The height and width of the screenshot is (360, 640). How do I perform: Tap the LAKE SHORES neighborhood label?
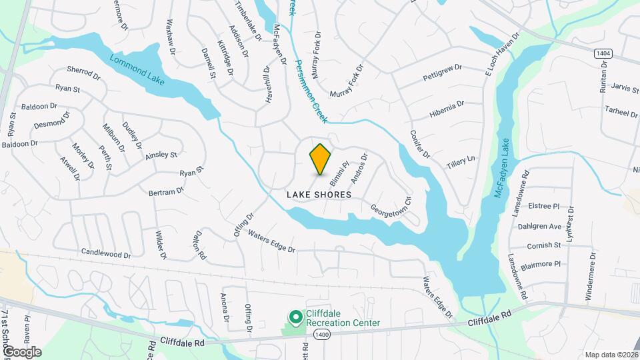tap(319, 195)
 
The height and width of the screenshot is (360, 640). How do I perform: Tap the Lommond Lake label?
tap(138, 69)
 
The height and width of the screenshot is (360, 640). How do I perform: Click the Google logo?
tap(22, 351)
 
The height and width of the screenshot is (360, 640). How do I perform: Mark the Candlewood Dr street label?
tap(106, 253)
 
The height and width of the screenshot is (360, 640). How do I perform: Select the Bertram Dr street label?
tap(166, 192)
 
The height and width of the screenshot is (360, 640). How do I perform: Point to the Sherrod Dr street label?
tap(83, 71)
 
